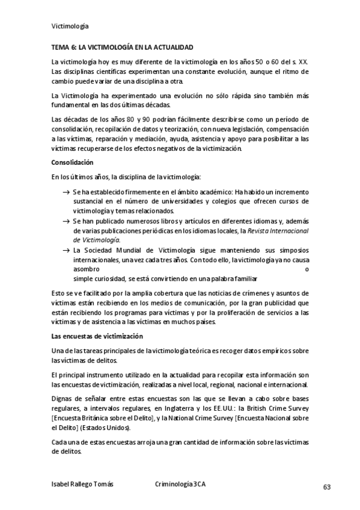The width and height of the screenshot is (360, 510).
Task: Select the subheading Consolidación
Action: tap(72, 162)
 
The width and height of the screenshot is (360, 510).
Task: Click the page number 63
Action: tap(327, 487)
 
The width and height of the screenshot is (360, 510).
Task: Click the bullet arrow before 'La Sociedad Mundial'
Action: tap(66, 250)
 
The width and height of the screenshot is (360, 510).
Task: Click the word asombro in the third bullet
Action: tap(87, 269)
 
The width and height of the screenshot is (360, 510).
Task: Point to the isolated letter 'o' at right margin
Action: tap(307, 269)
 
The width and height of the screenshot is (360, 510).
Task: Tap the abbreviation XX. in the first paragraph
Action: tap(304, 62)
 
